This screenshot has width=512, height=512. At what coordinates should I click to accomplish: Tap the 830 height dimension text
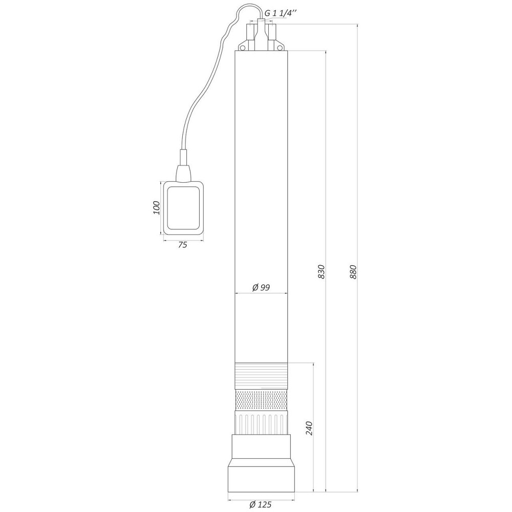[x=321, y=271]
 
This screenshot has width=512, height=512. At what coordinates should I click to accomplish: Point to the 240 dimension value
[x=309, y=429]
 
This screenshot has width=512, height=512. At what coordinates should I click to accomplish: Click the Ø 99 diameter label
[x=261, y=288]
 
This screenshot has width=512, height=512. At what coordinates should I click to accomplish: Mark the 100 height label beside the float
[x=157, y=208]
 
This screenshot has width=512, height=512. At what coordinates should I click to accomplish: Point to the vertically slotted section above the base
[x=261, y=423]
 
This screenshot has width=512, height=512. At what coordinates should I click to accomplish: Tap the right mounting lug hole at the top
[x=280, y=47]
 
